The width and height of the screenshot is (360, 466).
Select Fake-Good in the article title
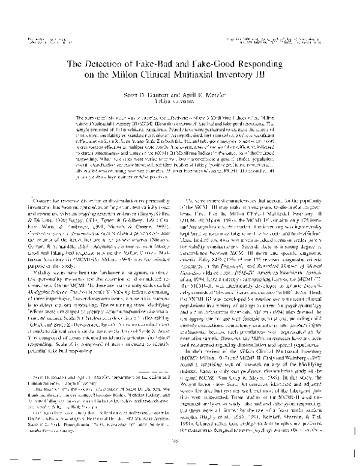pyautogui.click(x=230, y=65)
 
